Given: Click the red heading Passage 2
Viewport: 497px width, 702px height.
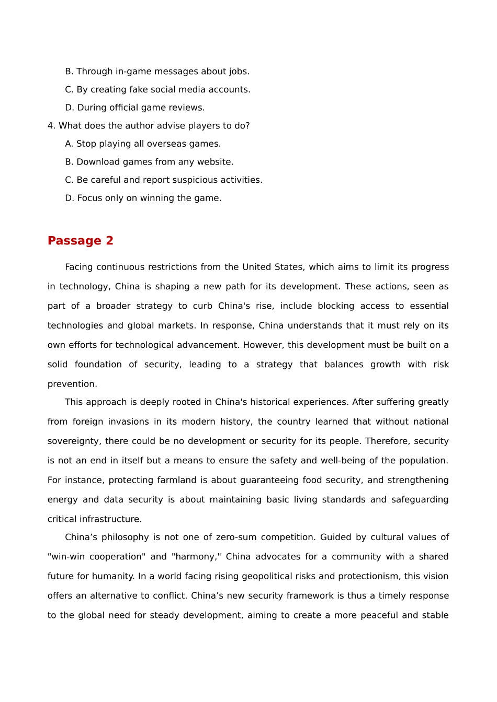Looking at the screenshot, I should [x=80, y=241].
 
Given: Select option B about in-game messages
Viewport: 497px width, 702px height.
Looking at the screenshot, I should [x=157, y=72].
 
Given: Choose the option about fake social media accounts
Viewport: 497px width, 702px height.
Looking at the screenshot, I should [x=157, y=90].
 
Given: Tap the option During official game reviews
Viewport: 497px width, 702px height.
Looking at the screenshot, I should [x=134, y=108].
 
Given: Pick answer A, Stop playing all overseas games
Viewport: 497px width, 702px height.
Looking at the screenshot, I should [x=143, y=144].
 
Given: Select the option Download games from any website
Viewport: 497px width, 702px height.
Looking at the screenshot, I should [x=149, y=162].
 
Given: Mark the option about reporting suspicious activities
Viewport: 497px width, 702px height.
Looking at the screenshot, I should [x=163, y=180].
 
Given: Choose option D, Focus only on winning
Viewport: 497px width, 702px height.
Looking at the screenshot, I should [x=143, y=198].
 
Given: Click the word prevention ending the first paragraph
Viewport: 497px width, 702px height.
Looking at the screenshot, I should [x=72, y=384].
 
